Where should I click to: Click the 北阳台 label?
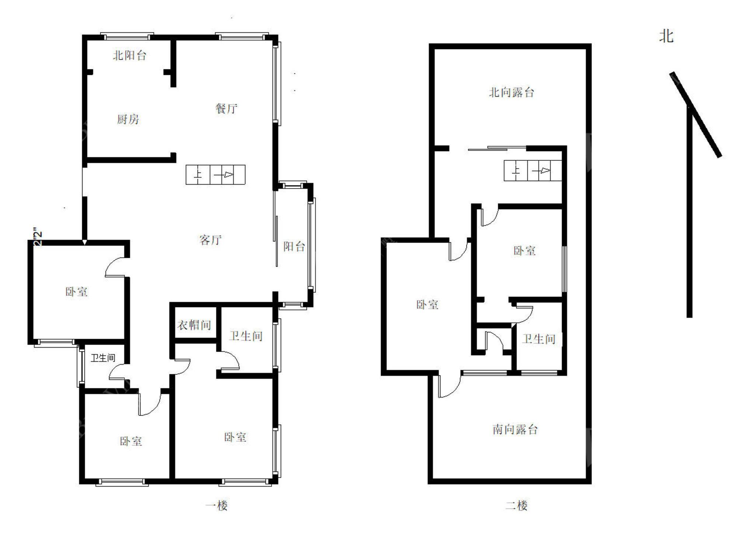[x=130, y=55]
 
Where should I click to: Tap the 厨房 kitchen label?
[x=128, y=119]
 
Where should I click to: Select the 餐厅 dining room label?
[x=226, y=108]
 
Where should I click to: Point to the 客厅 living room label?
[x=210, y=240]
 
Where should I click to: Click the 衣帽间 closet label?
[x=194, y=325]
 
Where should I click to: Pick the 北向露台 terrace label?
[x=511, y=92]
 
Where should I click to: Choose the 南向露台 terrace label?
[x=515, y=429]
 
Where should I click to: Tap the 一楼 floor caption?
[x=216, y=505]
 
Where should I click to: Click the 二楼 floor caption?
[x=516, y=505]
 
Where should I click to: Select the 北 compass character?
[x=666, y=36]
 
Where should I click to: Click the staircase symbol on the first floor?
[x=216, y=175]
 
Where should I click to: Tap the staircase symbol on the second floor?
[x=533, y=170]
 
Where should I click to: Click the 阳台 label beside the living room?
[x=294, y=246]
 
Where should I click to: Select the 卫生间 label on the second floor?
[x=538, y=339]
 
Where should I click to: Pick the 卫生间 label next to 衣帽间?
[x=246, y=336]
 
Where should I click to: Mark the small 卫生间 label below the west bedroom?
[x=103, y=358]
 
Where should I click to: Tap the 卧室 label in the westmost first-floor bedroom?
[x=76, y=292]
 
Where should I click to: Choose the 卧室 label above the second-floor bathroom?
[x=524, y=251]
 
